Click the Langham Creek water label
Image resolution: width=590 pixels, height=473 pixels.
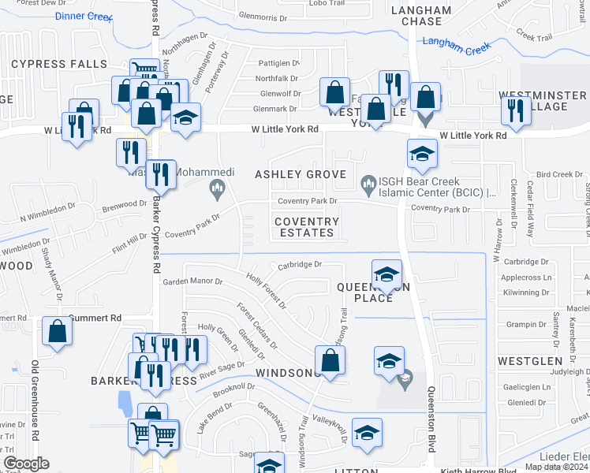(x=456, y=46)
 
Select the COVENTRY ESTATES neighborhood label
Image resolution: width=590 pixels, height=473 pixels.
(x=306, y=227)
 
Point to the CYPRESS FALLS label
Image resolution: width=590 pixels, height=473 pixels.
(x=58, y=64)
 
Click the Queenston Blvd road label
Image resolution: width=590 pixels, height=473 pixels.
(x=431, y=418)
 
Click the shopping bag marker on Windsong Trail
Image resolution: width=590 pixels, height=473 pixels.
(x=330, y=360)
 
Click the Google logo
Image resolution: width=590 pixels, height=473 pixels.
(x=27, y=464)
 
